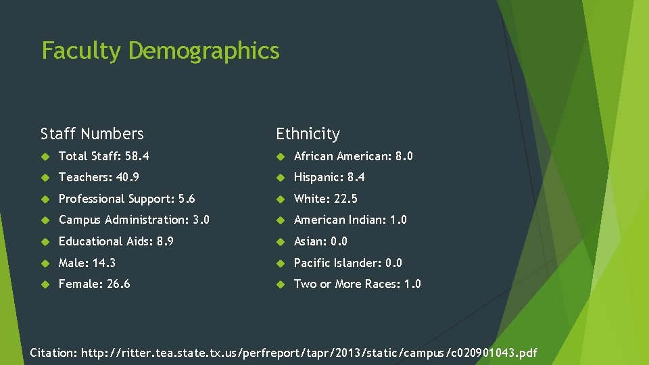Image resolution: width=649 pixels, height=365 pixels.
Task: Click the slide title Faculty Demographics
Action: [x=160, y=51]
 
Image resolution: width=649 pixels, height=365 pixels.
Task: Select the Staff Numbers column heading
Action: [x=92, y=134]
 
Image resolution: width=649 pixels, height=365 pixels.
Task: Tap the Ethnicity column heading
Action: [x=308, y=134]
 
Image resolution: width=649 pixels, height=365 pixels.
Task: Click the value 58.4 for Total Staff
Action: [x=137, y=156]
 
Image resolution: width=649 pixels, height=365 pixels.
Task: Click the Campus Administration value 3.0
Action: [x=201, y=220]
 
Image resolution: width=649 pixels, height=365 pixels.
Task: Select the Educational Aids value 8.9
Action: [x=164, y=241]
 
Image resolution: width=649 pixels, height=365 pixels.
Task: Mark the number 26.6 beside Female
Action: [x=118, y=284]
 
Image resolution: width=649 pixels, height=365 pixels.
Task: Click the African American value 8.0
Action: [x=404, y=156]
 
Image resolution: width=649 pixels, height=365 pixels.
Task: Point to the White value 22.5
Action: [x=345, y=199]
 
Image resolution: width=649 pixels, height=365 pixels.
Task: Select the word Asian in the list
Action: [x=310, y=241]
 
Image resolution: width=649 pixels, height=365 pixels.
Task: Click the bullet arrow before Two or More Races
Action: [x=281, y=284]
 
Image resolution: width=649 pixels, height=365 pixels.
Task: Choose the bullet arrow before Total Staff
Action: [x=46, y=156]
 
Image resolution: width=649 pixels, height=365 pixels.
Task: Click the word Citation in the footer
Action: [x=54, y=353]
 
